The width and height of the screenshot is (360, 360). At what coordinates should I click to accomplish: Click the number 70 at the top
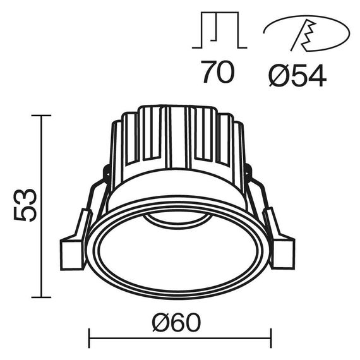[x=217, y=73]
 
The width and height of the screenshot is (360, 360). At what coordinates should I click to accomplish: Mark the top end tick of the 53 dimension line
[x=41, y=116]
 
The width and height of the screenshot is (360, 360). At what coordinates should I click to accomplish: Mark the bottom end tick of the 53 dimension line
[x=41, y=297]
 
